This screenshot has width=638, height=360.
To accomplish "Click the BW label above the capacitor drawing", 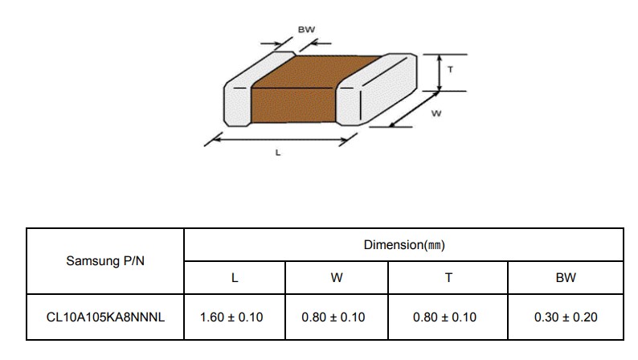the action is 306,30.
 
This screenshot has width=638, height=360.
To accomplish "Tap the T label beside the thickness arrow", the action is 450,70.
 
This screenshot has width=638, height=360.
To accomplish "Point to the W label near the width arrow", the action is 436,113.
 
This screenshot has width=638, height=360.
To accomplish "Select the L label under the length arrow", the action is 278,153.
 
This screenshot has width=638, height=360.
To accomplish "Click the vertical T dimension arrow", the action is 439,73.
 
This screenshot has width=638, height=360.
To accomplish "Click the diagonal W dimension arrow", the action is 414,109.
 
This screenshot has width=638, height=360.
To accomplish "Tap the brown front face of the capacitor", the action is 293,105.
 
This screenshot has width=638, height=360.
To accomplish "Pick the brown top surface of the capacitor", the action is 317,72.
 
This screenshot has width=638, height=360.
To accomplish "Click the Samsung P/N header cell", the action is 105,260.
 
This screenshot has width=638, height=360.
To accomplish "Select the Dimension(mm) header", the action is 404,245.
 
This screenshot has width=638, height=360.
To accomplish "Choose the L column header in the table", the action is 235,278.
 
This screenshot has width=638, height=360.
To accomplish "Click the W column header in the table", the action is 337,278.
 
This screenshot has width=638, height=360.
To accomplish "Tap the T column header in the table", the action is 448,278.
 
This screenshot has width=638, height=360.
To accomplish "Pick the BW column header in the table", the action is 566,278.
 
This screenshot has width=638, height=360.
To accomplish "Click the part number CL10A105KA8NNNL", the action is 105,317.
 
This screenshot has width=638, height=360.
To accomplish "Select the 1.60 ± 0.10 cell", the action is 231,317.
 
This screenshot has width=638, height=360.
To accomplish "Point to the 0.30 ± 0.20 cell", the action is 566,317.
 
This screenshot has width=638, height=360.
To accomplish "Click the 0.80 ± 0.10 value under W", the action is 333,317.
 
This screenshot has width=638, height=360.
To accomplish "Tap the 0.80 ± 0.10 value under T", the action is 444,317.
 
